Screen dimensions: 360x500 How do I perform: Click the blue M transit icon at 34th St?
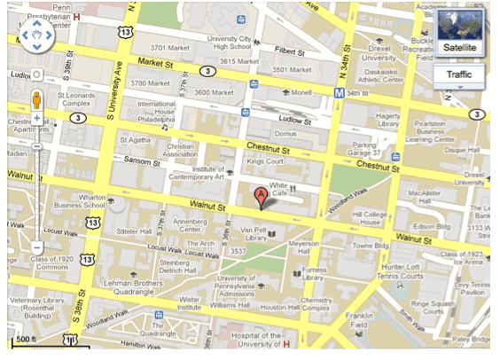[x=339, y=92]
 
